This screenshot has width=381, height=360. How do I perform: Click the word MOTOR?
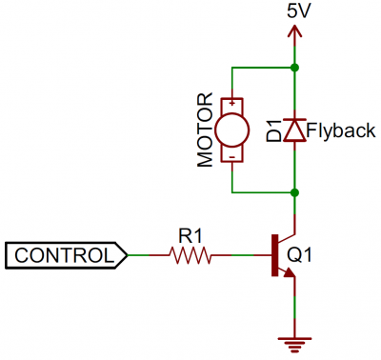tap(203, 130)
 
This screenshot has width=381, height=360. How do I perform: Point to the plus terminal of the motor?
tap(231, 102)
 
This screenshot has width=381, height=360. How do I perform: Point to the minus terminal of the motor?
tap(231, 154)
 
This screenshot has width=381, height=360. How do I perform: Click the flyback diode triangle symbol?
tap(296, 130)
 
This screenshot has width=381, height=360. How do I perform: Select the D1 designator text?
tap(274, 130)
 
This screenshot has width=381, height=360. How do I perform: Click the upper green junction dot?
tap(296, 69)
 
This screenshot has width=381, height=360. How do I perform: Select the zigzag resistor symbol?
tap(190, 255)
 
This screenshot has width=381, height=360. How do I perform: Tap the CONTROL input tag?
tap(66, 255)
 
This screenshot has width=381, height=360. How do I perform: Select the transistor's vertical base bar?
tap(274, 255)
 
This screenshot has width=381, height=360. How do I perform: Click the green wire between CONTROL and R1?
tap(147, 255)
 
